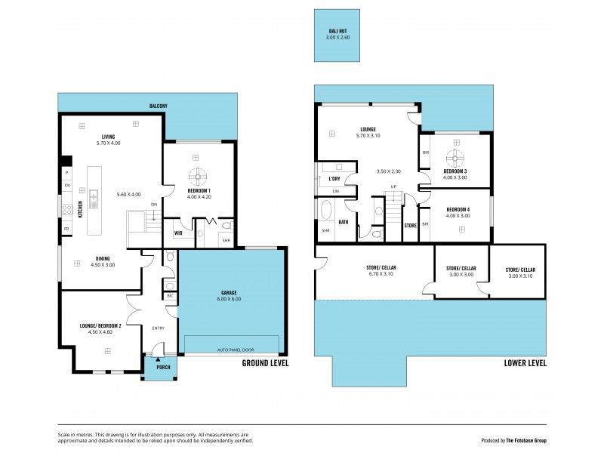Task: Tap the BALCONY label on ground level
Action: pyautogui.click(x=158, y=106)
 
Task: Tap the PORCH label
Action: pyautogui.click(x=163, y=368)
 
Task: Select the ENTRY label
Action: pyautogui.click(x=158, y=328)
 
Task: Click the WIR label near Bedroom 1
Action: pyautogui.click(x=178, y=233)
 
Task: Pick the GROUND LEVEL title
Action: pyautogui.click(x=265, y=363)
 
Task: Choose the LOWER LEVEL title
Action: pyautogui.click(x=525, y=363)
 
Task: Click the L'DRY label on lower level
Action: pyautogui.click(x=335, y=179)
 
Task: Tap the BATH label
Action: pyautogui.click(x=343, y=222)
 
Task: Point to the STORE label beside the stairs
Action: pyautogui.click(x=410, y=225)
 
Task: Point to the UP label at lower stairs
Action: pyautogui.click(x=393, y=186)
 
